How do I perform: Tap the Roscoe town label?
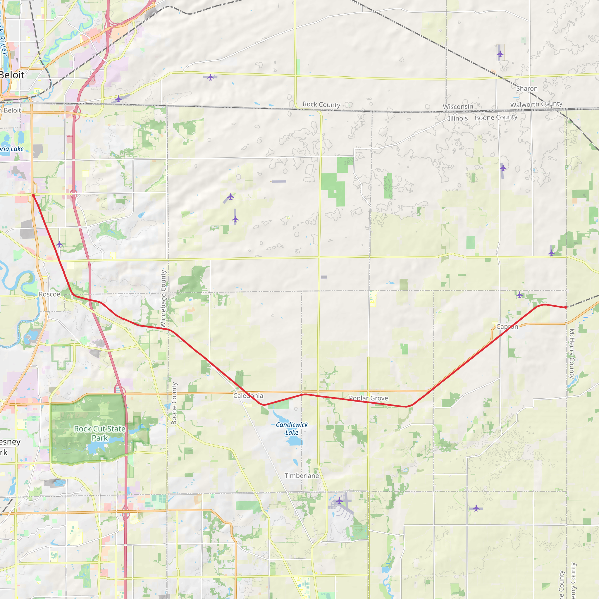(50, 294)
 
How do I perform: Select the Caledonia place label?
(248, 396)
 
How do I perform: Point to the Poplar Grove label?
(368, 398)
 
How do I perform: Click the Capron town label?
(507, 326)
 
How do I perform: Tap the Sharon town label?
(527, 89)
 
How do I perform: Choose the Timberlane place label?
(302, 476)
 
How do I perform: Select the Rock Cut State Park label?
(99, 433)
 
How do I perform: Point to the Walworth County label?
(536, 104)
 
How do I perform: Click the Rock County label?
(321, 104)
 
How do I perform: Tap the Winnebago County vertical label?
(163, 299)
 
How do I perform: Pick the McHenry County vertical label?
(572, 353)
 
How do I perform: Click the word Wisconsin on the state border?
(458, 107)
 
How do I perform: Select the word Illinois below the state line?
(458, 118)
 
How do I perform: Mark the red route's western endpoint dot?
(33, 195)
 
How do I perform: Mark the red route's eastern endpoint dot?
(566, 307)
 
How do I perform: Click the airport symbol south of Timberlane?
(340, 501)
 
